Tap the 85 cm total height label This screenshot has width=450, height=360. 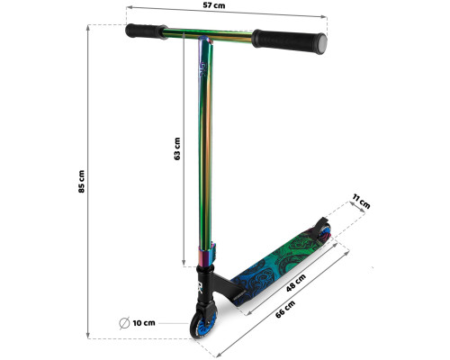81,182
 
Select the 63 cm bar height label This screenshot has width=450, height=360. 177,148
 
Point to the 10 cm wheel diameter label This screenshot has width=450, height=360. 144,323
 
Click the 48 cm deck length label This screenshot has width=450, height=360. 296,283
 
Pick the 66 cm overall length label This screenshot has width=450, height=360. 285,310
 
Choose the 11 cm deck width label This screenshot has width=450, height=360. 361,202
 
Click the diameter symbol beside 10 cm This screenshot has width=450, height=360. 124,323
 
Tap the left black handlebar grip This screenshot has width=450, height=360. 146,31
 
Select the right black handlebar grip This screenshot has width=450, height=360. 289,41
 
